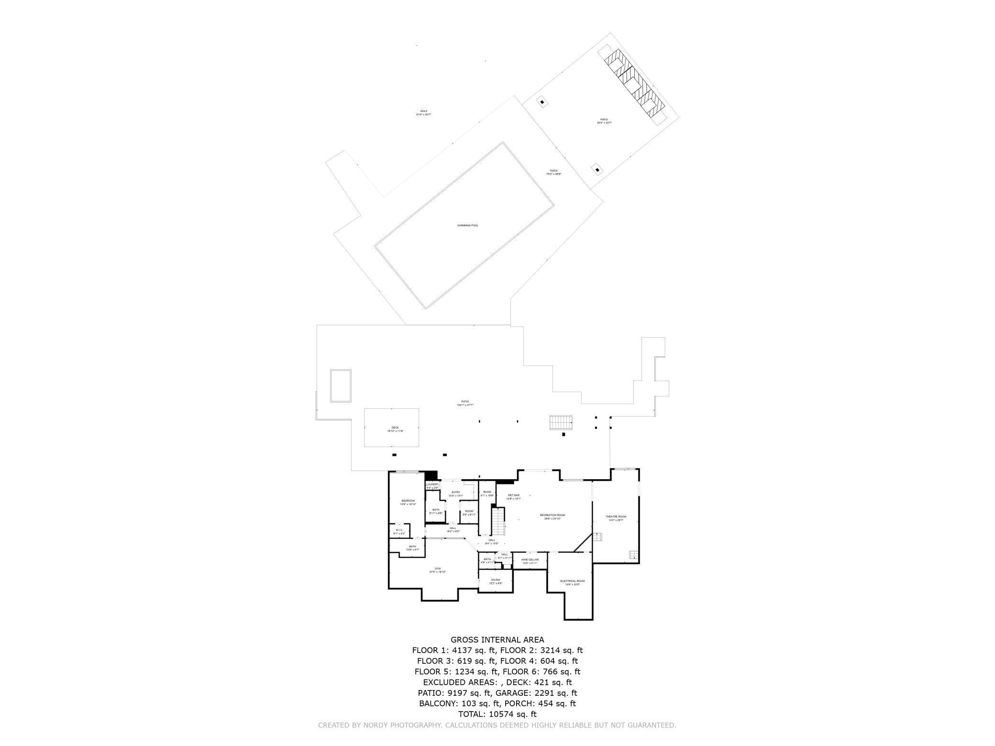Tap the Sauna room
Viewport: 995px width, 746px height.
coord(495,581)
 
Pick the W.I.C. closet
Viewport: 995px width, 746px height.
coord(399,531)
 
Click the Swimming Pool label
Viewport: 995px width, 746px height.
coord(467,225)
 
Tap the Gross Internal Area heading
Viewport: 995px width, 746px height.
coord(497,640)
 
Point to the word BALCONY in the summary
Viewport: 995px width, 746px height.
coord(438,703)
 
